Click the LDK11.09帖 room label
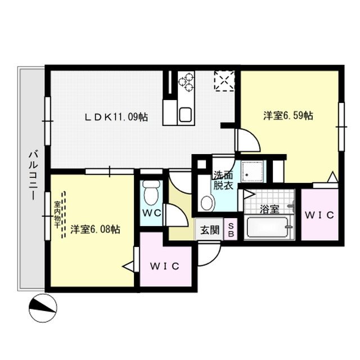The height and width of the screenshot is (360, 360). pos(116,117)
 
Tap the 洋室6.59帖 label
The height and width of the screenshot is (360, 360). pos(288,115)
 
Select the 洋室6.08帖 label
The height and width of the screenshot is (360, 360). pos(95,229)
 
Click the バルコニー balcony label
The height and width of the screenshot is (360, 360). pos(34,175)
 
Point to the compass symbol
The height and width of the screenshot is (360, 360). pos(43,308)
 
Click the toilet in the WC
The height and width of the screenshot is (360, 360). pos(151,192)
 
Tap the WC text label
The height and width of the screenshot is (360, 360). pos(151,213)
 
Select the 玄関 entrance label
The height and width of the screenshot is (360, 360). pos(210,230)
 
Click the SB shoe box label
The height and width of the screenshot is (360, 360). pos(231,230)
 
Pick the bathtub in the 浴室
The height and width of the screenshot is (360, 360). pos(268,227)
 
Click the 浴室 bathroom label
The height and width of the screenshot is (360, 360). pos(269,209)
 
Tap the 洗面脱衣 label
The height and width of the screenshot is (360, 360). pos(223,180)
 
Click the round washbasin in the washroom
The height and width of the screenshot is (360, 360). pos(206,203)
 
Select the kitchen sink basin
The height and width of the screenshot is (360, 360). pos(186,115)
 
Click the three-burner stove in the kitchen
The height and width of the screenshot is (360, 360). pos(186,82)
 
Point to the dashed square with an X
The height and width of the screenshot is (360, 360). pos(224,81)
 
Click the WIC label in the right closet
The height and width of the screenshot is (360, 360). pos(319,215)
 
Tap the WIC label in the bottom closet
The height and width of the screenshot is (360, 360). pos(165,266)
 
